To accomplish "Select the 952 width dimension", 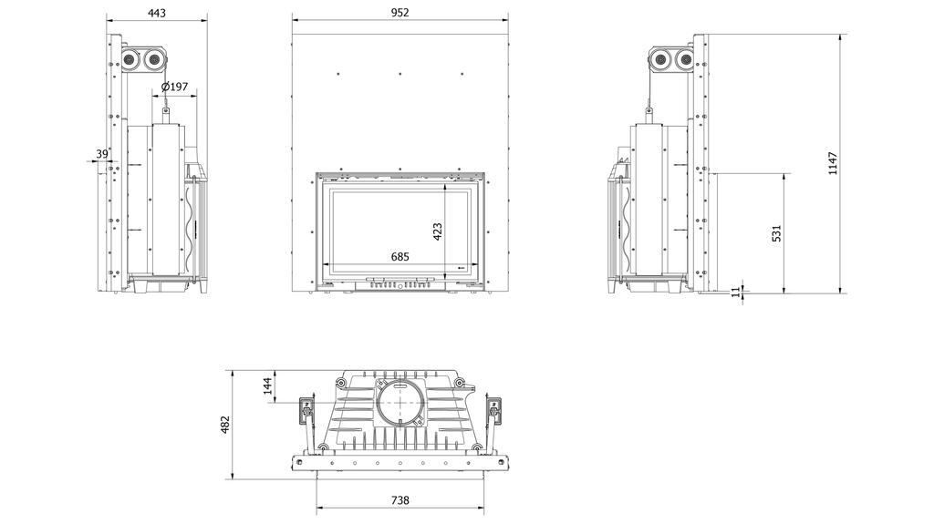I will tap(400, 13).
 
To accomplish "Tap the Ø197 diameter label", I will tap(174, 87).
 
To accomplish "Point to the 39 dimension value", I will tap(102, 154).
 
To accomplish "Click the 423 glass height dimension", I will tap(437, 231).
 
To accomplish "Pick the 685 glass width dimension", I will tap(400, 257).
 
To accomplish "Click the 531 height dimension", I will tap(776, 233).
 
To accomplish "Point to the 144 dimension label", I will tap(267, 385).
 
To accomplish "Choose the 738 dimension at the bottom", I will tap(400, 499).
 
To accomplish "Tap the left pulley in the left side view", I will tap(131, 61).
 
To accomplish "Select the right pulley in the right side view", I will tap(683, 61).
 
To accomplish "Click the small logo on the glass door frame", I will tap(460, 268).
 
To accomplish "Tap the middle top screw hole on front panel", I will tap(400, 71).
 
